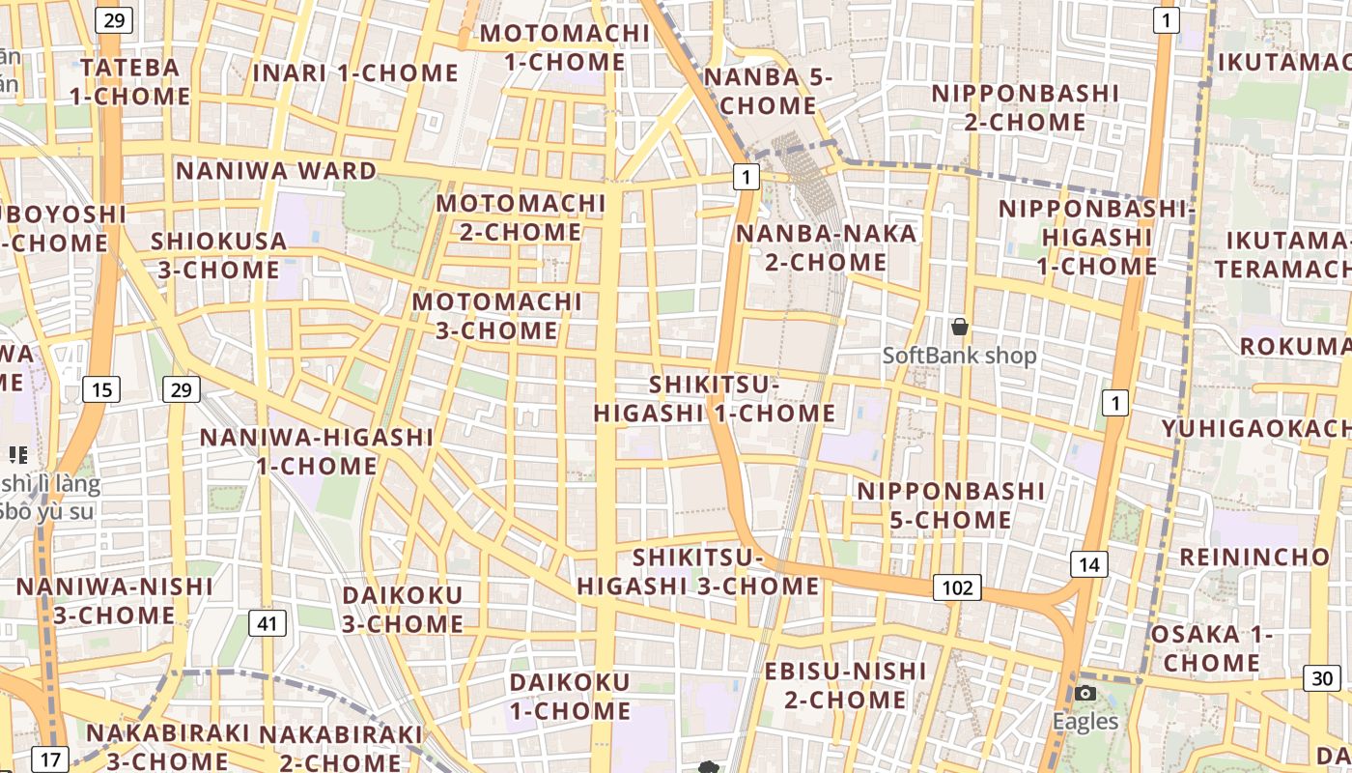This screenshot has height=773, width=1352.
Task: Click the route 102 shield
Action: (x=957, y=587)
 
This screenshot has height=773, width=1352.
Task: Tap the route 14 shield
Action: (x=1088, y=564)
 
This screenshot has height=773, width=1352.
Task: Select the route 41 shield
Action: (x=267, y=623)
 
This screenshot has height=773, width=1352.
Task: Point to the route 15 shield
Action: (x=101, y=389)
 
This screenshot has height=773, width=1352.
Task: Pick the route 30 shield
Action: (x=1322, y=678)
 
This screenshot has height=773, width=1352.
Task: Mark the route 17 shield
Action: (x=50, y=759)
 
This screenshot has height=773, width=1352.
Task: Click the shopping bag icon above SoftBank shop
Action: (x=960, y=328)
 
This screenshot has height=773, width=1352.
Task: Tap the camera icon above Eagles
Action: (x=1085, y=693)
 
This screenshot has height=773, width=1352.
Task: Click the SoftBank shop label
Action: (x=960, y=356)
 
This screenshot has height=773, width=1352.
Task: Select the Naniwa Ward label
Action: (x=276, y=171)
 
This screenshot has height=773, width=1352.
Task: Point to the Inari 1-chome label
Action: (x=355, y=72)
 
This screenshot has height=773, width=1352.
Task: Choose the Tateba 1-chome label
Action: (x=130, y=82)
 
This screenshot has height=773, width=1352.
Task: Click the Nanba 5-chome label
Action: (x=769, y=91)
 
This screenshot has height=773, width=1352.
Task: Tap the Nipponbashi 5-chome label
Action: (x=950, y=505)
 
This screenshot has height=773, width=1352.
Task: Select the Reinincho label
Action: (x=1254, y=557)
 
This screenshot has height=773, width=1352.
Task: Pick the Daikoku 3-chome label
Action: (x=403, y=609)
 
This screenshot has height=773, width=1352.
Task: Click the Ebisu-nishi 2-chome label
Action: (x=845, y=684)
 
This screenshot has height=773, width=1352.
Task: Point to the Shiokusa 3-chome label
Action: (x=219, y=255)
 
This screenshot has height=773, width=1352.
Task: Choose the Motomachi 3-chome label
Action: (x=497, y=316)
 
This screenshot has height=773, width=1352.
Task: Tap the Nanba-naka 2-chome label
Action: (x=826, y=247)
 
